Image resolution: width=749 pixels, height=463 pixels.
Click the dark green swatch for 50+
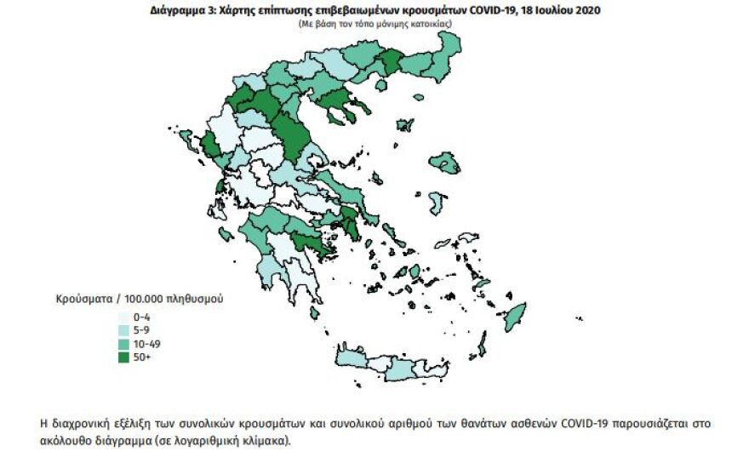coord(123,357)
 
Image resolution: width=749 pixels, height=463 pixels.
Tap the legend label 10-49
coord(147,344)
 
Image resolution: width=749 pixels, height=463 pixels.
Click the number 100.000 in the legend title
coord(146,300)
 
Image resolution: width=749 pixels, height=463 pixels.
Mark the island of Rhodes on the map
coord(513,320)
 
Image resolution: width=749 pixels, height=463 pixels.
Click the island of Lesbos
coord(444,161)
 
